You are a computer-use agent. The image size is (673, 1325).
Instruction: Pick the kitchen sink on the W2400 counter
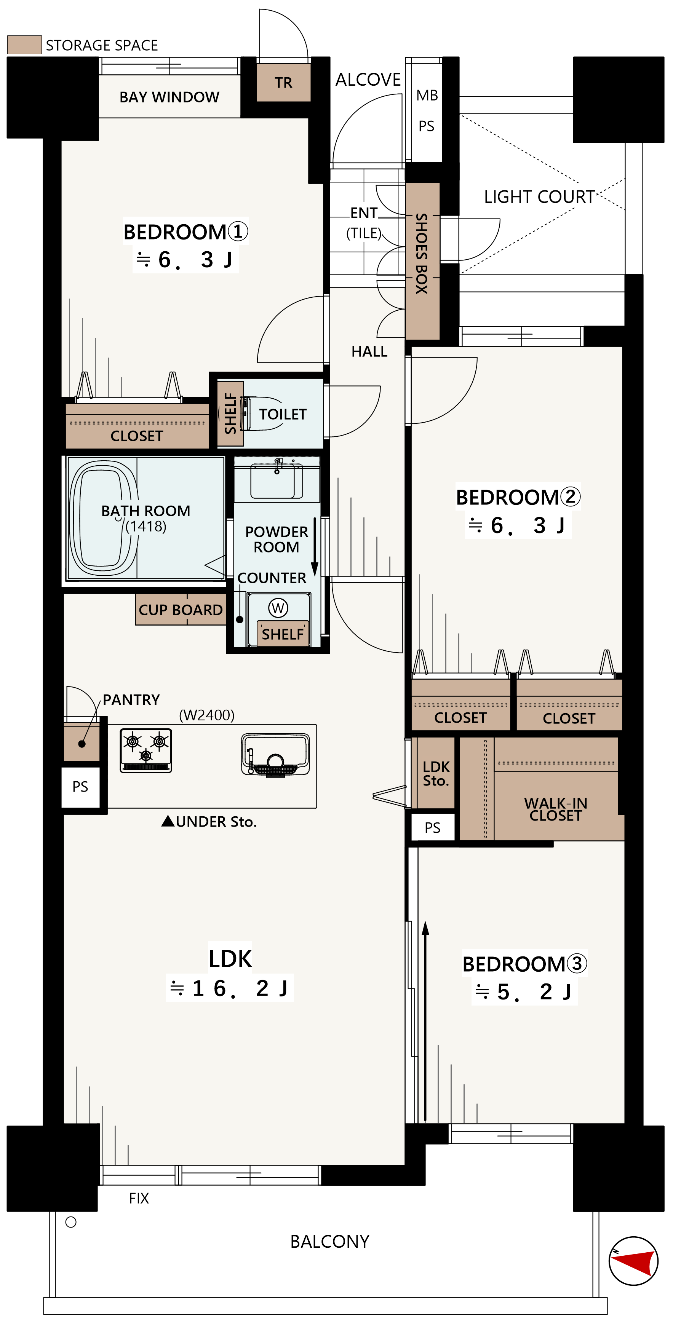click(276, 755)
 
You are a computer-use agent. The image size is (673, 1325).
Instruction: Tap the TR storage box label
click(283, 83)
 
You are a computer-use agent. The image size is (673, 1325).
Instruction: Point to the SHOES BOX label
click(422, 253)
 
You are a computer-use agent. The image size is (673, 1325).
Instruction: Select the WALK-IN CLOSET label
click(556, 809)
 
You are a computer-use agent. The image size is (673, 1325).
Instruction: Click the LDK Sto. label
click(436, 774)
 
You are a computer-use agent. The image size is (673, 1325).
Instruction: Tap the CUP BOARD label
click(181, 610)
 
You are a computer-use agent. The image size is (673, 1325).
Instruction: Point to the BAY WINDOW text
click(169, 97)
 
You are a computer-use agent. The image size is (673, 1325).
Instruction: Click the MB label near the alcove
click(427, 95)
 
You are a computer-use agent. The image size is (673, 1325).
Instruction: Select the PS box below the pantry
click(80, 787)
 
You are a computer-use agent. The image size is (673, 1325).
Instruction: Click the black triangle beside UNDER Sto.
click(168, 821)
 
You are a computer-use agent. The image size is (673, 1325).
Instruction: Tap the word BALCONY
click(330, 1241)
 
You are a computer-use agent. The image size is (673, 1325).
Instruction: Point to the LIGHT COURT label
click(539, 197)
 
